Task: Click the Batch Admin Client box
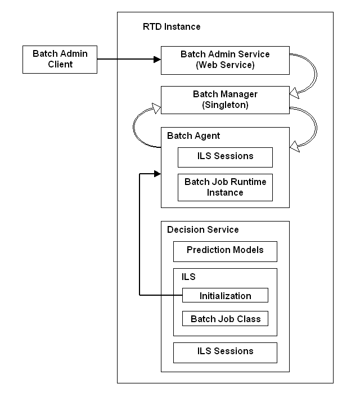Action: (x=59, y=59)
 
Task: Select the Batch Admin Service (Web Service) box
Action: (x=225, y=59)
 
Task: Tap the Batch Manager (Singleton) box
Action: (x=225, y=99)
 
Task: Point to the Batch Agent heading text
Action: (x=193, y=135)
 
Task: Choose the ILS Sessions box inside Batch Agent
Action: (x=225, y=157)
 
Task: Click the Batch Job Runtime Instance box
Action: (x=225, y=187)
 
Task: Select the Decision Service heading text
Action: (x=203, y=229)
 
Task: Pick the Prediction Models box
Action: (x=225, y=251)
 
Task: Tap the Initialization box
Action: (x=225, y=295)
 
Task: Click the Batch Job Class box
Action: (x=225, y=319)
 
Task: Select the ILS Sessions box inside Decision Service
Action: (x=225, y=352)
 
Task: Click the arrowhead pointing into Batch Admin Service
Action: (x=157, y=59)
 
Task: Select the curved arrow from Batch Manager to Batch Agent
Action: (x=315, y=127)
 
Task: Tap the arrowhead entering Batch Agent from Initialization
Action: (x=157, y=174)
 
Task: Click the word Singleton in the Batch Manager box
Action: (x=225, y=105)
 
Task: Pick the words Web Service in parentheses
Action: (x=225, y=65)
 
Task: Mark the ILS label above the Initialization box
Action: (x=188, y=277)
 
